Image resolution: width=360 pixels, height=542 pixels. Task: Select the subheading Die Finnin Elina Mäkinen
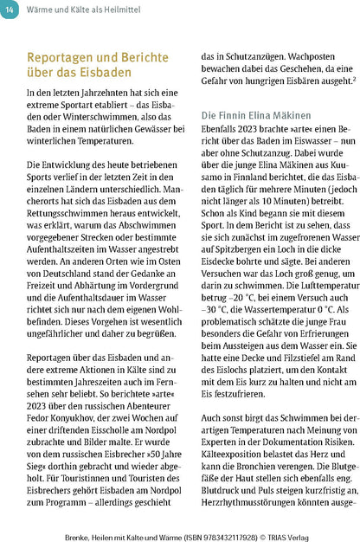(x=256, y=113)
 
